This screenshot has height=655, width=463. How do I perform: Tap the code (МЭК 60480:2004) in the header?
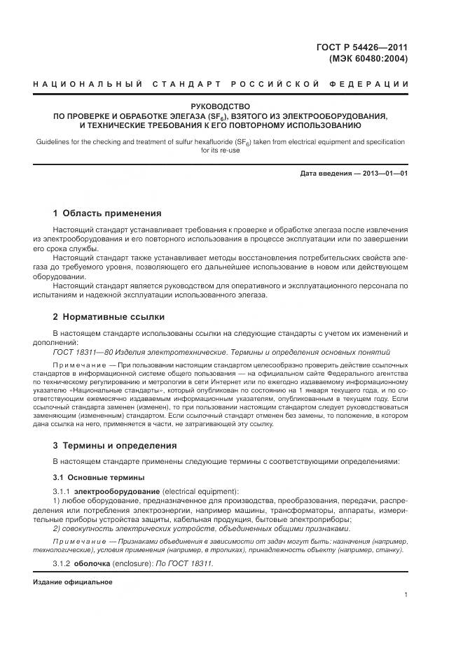(x=368, y=59)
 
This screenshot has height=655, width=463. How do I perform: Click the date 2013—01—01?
(x=384, y=173)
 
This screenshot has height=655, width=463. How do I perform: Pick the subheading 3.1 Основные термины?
(x=99, y=477)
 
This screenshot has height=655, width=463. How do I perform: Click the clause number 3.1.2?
(x=63, y=563)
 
